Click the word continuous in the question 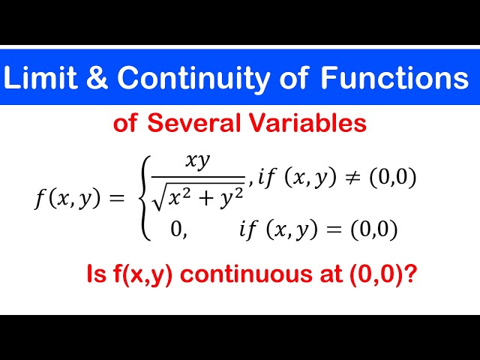pos(247,276)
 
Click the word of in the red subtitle pos(125,123)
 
